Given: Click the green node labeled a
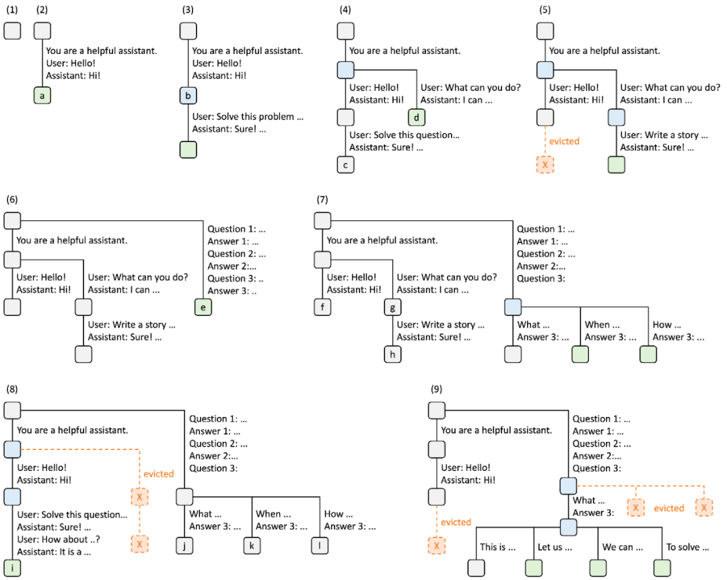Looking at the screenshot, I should [x=42, y=96].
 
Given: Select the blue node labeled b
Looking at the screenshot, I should [x=188, y=96].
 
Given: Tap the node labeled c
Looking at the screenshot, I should [x=345, y=165].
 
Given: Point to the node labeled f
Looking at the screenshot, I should [x=322, y=307].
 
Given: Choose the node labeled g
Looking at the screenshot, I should [x=392, y=307].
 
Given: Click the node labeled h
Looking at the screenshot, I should [x=392, y=354].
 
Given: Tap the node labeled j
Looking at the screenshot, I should [x=184, y=544].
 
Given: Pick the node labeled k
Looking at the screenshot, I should [x=251, y=544].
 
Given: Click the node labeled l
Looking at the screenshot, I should [x=319, y=544].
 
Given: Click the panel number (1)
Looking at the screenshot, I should [x=12, y=9].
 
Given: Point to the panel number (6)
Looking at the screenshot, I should [x=12, y=199].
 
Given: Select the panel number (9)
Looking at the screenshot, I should [x=438, y=389].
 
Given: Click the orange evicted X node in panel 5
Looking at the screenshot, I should [x=545, y=165].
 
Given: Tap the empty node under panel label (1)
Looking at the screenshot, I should [x=13, y=31].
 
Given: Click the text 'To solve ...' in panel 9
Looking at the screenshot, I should [x=687, y=547].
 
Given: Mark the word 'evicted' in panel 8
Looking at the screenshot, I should [x=159, y=474].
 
